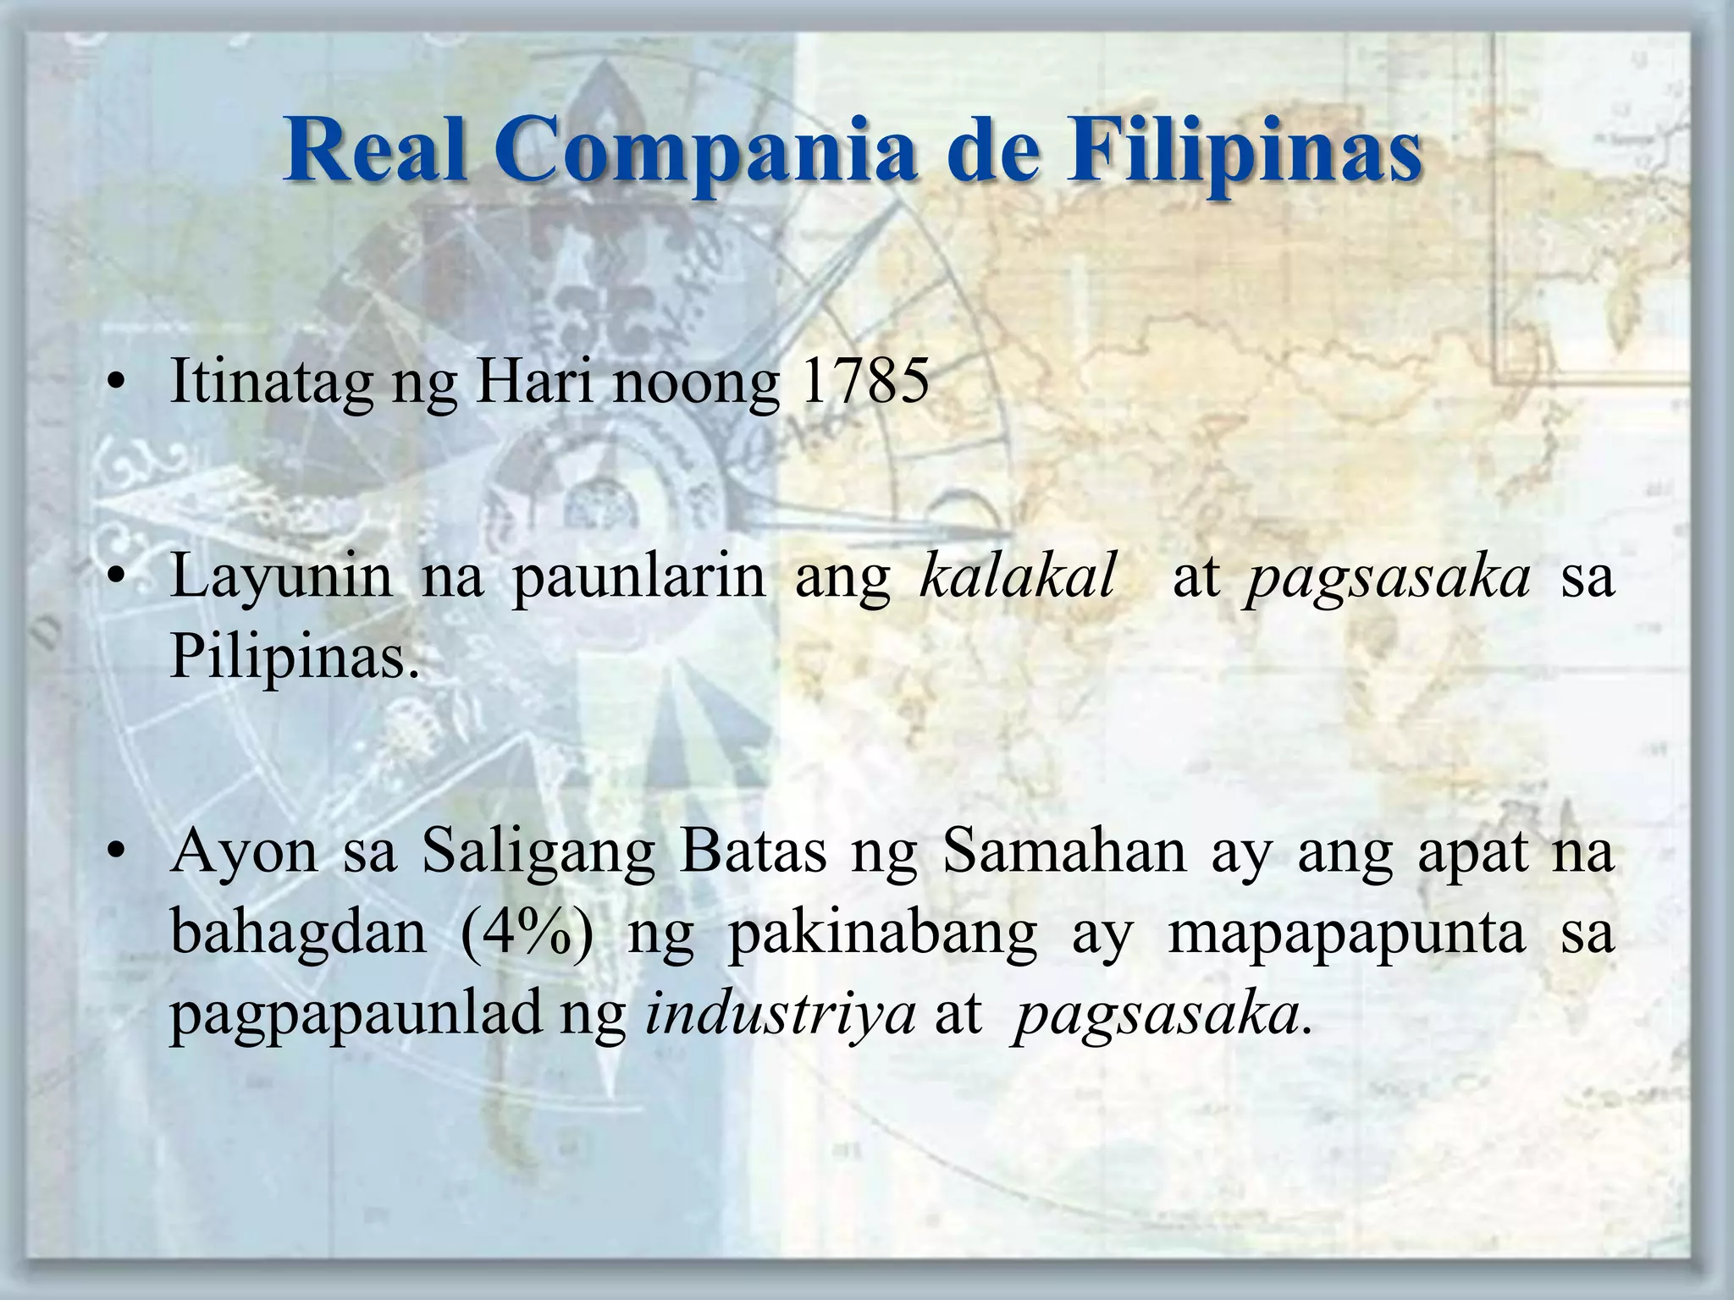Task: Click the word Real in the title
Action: click(376, 151)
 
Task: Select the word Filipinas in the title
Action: click(1244, 151)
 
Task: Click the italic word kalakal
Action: click(1018, 576)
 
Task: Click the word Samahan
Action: click(1065, 851)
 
